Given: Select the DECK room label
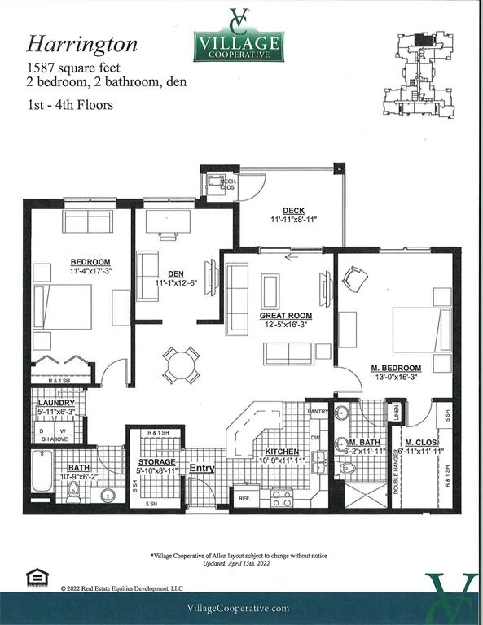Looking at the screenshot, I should pyautogui.click(x=293, y=210).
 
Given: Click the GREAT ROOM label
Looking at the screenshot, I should pyautogui.click(x=286, y=315).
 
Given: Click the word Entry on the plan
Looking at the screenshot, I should pyautogui.click(x=202, y=469).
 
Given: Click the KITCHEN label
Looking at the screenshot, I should pyautogui.click(x=280, y=452).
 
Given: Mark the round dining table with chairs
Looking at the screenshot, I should pyautogui.click(x=179, y=364).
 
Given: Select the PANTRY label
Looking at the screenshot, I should pyautogui.click(x=318, y=412).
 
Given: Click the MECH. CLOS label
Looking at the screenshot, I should pyautogui.click(x=217, y=184).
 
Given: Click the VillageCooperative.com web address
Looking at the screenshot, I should pyautogui.click(x=238, y=608).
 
